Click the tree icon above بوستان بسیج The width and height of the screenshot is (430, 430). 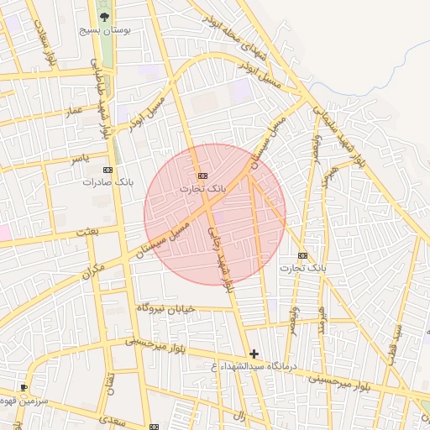click(104, 16)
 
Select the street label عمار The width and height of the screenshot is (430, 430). click(76, 110)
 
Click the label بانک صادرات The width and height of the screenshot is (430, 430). click(110, 181)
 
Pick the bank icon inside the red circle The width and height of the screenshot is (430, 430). click(202, 176)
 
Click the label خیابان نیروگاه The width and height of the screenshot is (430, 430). click(166, 309)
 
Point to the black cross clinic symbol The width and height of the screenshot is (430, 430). click(254, 354)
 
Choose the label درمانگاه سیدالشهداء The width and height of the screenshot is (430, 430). click(251, 367)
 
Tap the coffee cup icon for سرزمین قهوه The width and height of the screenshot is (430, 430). click(24, 387)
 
